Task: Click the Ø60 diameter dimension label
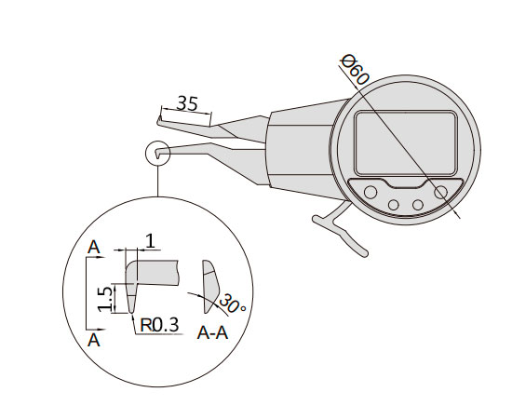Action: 355,70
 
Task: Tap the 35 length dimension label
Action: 187,103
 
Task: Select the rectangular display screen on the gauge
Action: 406,143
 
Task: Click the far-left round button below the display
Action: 371,192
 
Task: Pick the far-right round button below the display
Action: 441,192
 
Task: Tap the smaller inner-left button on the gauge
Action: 394,205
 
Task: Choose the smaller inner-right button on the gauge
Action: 418,205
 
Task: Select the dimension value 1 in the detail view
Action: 150,241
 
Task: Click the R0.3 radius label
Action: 159,325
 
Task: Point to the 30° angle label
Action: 232,304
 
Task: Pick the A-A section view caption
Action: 212,333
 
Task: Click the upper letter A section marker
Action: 94,248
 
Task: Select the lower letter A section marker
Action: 94,340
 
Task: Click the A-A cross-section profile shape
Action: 210,287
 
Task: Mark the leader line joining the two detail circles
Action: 158,182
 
